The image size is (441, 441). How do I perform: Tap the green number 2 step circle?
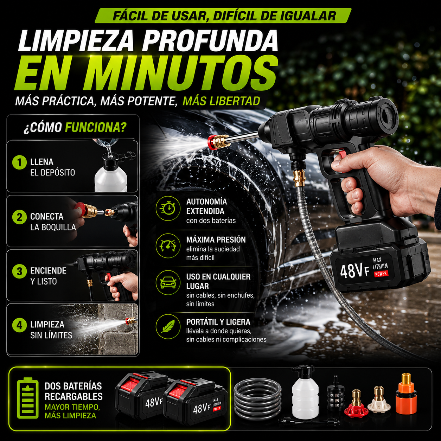(x=19, y=217)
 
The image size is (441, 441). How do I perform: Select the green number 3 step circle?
(x=19, y=271)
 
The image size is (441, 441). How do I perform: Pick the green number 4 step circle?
(x=19, y=325)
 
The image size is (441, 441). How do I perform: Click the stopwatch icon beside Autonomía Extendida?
(x=168, y=208)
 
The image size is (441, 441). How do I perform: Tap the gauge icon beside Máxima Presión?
(x=168, y=245)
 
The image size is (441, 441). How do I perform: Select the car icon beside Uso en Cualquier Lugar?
(x=168, y=283)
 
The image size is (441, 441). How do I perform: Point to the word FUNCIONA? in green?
(x=96, y=127)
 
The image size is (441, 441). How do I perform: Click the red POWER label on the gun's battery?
(x=381, y=274)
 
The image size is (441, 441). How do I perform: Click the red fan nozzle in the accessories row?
(x=356, y=404)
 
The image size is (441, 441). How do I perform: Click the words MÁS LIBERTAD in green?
(x=221, y=101)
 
